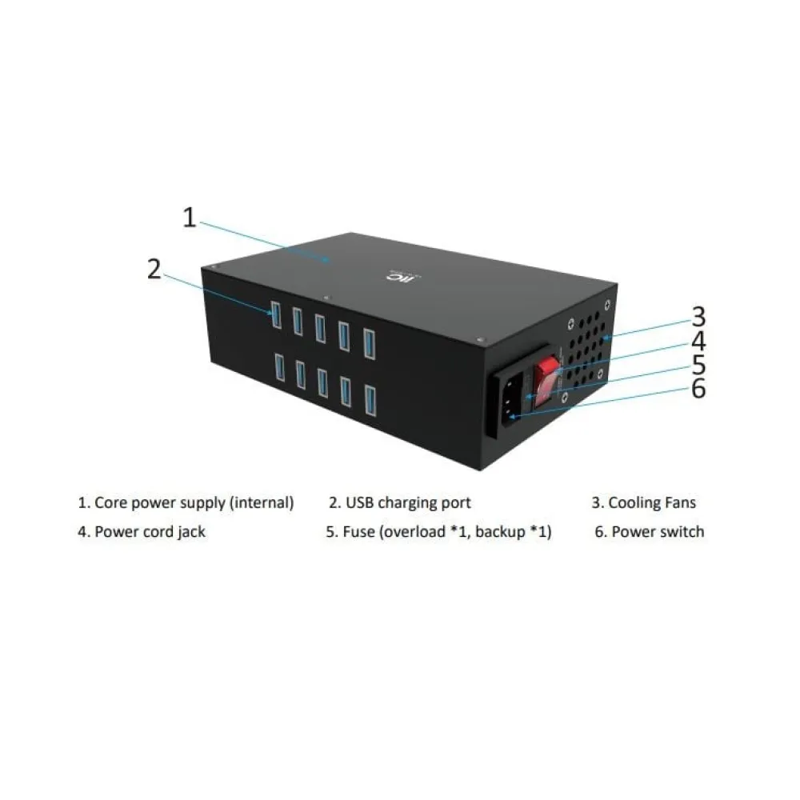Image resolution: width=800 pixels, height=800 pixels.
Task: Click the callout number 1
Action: click(190, 218)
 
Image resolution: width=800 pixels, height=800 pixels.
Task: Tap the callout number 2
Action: click(154, 269)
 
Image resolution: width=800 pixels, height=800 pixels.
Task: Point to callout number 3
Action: click(699, 316)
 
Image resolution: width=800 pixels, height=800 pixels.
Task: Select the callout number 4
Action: click(699, 341)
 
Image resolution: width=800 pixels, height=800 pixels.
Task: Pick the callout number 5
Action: click(699, 365)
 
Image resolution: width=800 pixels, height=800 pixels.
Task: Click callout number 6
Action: click(699, 389)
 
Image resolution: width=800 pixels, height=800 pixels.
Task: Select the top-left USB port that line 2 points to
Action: click(276, 314)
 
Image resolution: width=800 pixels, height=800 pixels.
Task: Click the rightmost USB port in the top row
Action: click(370, 344)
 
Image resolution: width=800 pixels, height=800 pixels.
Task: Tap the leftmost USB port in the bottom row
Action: click(279, 367)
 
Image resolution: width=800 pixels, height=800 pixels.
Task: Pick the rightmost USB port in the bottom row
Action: click(370, 401)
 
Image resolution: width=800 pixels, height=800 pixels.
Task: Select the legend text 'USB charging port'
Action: click(408, 502)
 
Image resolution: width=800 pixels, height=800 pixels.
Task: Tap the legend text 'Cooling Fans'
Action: click(652, 502)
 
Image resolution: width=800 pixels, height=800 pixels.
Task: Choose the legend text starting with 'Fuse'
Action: click(447, 532)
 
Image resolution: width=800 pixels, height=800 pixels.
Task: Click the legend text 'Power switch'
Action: click(658, 532)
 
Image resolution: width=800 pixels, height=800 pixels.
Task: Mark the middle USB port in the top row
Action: click(321, 328)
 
